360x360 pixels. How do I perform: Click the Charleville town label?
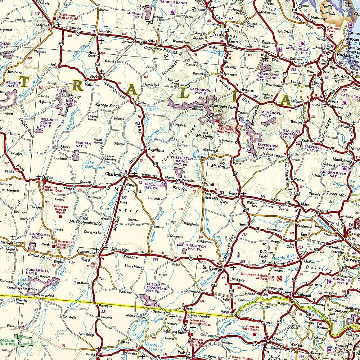[x=114, y=174]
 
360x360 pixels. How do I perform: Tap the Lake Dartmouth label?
[x=95, y=165]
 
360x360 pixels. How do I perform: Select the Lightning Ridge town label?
[x=175, y=332]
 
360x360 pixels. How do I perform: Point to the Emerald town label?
[x=235, y=41]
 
